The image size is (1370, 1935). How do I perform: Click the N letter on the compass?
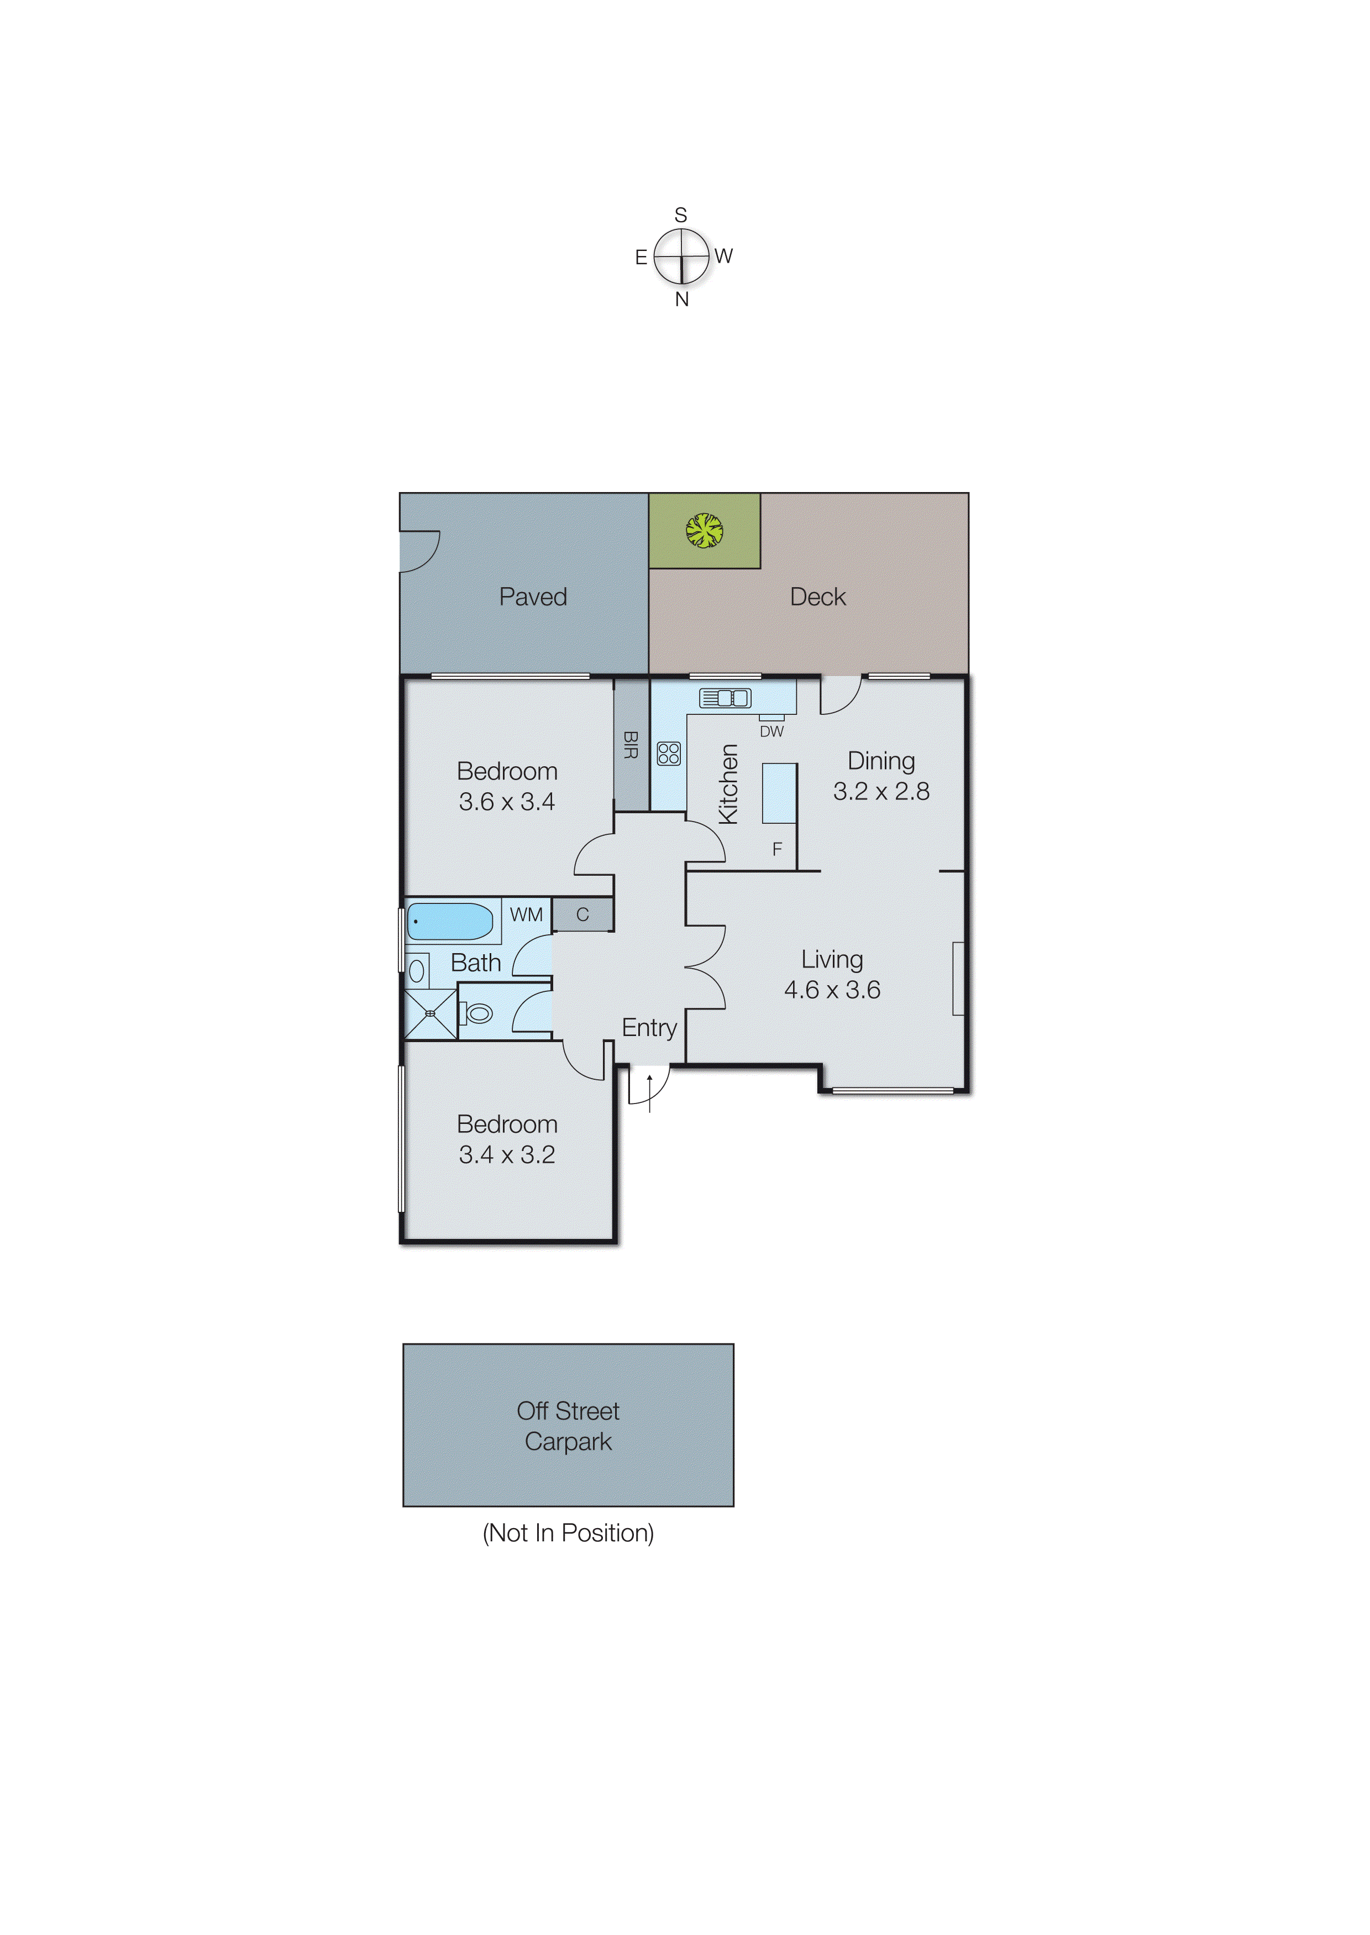tap(681, 300)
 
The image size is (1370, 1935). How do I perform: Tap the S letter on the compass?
tap(681, 215)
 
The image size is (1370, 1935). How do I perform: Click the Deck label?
tap(817, 597)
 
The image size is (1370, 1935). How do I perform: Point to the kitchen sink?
tap(725, 698)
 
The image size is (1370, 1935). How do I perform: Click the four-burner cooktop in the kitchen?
tap(668, 753)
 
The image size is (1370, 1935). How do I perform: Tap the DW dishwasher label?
tap(771, 731)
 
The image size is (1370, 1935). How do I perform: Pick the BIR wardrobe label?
tap(630, 744)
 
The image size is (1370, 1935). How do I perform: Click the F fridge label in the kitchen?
tap(777, 849)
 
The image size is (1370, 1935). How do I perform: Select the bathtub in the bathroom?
tap(450, 922)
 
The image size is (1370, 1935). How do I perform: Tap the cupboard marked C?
tap(582, 915)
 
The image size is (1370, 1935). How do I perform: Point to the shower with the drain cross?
tap(431, 1013)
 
